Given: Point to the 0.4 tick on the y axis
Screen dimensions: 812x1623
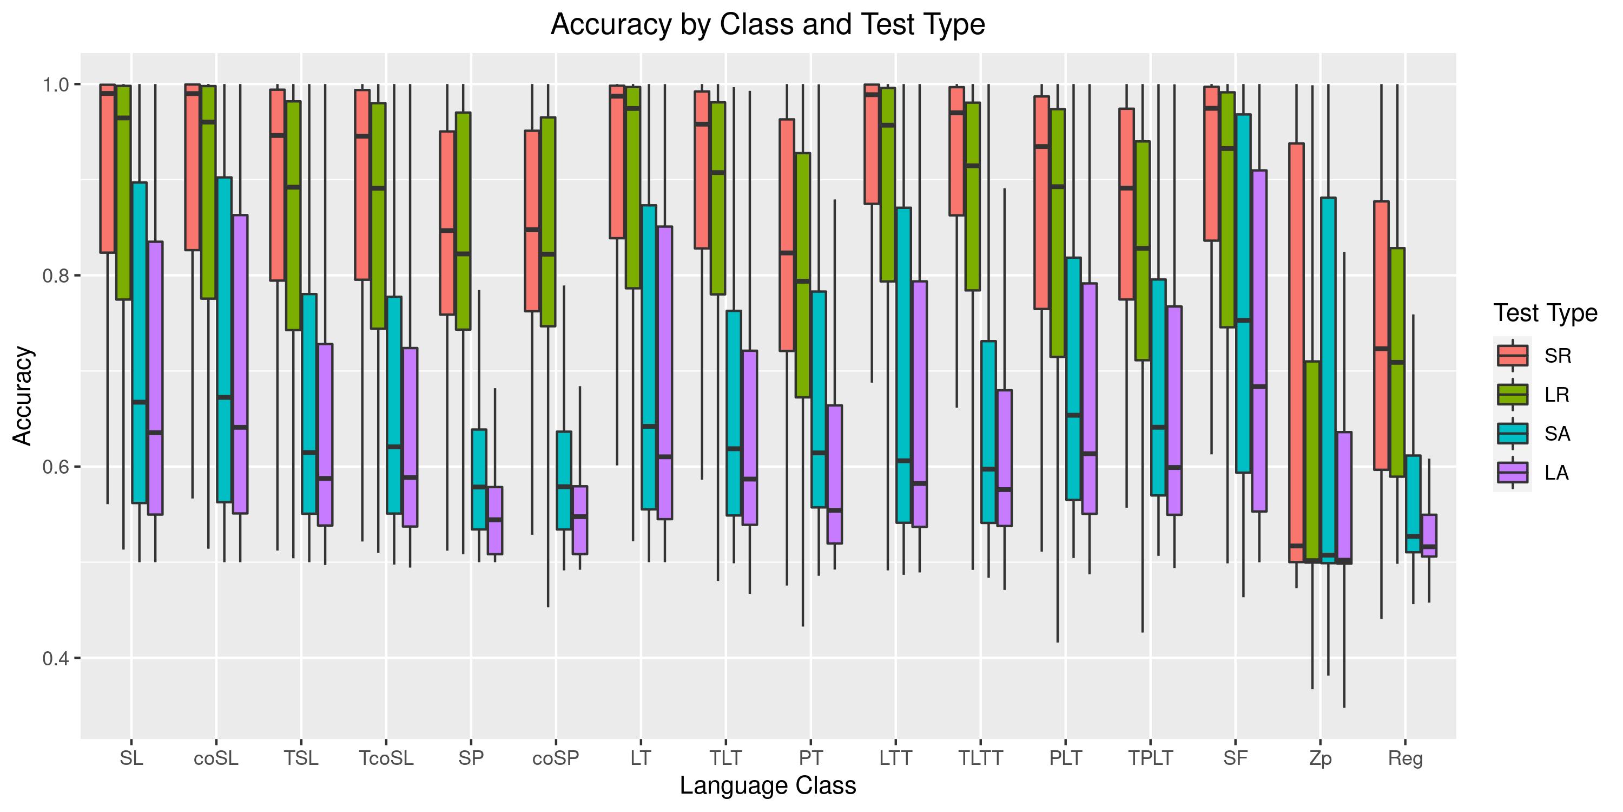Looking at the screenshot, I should (x=57, y=658).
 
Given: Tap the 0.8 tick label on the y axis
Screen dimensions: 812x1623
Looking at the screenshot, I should (x=57, y=276).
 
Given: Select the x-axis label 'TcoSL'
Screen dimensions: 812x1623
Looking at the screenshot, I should (x=386, y=758).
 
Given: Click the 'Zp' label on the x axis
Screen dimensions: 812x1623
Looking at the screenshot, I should (x=1320, y=758).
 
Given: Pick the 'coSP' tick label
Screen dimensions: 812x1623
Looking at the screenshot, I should (x=556, y=758).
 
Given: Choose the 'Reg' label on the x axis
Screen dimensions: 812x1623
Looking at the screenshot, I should (x=1405, y=758).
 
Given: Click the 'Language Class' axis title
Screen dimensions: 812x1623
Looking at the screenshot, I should (x=767, y=786).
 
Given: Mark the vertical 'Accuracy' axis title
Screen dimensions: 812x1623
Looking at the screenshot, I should (x=23, y=396).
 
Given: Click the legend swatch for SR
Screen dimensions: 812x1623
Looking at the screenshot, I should (x=1512, y=356).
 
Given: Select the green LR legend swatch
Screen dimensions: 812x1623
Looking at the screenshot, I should (x=1512, y=395).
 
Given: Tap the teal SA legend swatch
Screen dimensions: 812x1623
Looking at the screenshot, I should (x=1512, y=434).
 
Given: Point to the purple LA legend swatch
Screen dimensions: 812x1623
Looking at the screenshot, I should (x=1512, y=473).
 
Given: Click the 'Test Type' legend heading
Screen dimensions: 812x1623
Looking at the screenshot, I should (x=1545, y=313).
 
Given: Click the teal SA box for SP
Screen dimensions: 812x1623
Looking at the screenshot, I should (x=479, y=479).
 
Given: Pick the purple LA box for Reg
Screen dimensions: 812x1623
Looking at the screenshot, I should (x=1429, y=535).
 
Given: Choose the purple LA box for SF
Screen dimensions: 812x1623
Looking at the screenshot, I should (x=1259, y=340).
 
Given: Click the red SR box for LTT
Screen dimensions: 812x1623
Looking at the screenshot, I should (x=872, y=145).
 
